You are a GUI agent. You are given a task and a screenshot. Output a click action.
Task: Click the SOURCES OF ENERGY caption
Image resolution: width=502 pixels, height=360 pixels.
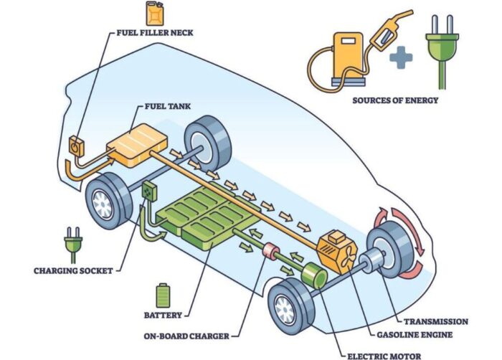(x=394, y=100)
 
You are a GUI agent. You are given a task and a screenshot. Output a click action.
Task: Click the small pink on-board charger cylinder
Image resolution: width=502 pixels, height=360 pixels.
(x=272, y=253)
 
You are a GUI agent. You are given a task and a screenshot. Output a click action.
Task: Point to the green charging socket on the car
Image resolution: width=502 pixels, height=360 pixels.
(x=149, y=191)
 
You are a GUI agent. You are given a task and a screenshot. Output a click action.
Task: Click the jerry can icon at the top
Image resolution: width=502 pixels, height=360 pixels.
(x=153, y=13)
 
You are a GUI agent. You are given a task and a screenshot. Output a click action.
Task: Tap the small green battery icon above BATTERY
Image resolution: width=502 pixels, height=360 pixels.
(x=163, y=295)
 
